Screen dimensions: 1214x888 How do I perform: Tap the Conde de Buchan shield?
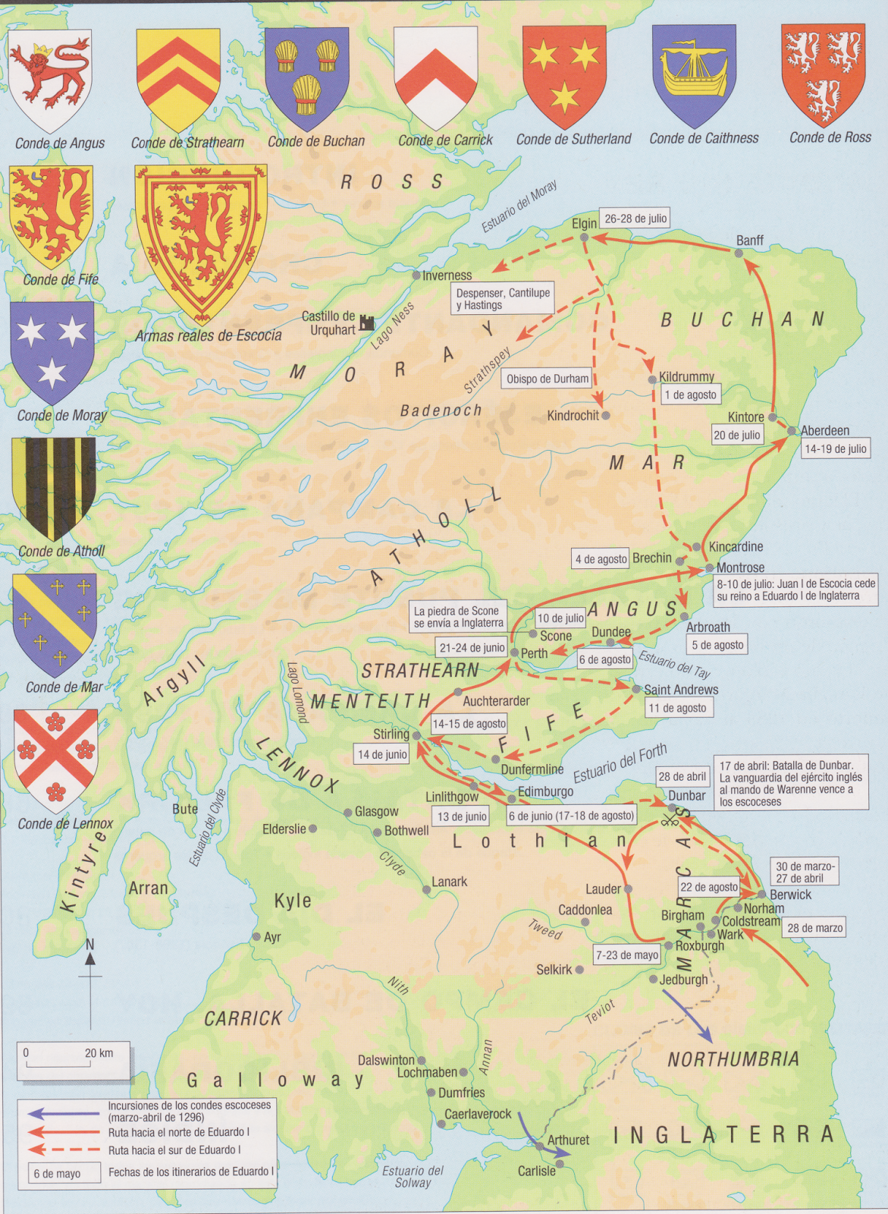(307, 76)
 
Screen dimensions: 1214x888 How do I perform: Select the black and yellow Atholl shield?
(53, 487)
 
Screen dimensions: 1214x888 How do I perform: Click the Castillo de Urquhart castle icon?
(367, 322)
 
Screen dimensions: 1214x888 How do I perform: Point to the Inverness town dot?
(416, 275)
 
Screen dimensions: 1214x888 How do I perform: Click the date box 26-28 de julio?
(635, 219)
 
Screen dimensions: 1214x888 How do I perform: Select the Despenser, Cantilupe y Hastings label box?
(503, 298)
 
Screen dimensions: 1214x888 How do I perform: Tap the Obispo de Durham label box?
(548, 379)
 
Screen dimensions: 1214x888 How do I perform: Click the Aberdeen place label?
(825, 430)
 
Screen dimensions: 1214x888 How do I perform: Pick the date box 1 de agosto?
(690, 395)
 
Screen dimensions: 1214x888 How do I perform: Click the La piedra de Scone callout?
(458, 616)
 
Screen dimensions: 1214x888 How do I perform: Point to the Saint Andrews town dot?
(637, 689)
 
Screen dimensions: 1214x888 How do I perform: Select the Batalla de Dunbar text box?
(789, 783)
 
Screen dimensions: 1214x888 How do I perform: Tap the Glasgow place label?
(376, 811)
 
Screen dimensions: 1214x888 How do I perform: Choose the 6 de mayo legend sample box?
(64, 1173)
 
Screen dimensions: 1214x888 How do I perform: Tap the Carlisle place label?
(536, 1171)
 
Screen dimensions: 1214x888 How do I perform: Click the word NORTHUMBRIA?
(733, 1059)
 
